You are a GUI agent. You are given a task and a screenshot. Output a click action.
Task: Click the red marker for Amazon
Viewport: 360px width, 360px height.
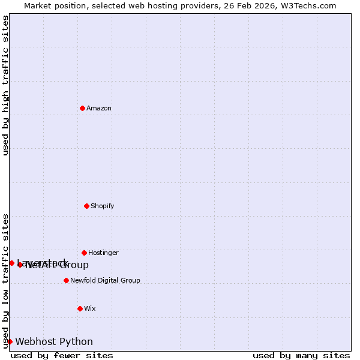click(x=82, y=108)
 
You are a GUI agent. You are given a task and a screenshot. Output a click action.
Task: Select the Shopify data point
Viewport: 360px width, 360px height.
click(x=86, y=206)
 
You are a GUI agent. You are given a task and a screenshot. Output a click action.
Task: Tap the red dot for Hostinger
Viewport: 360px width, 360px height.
click(x=84, y=253)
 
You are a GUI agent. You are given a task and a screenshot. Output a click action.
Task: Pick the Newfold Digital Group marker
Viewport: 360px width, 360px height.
click(x=66, y=280)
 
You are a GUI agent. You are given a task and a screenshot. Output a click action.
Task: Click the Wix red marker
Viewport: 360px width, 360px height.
click(x=80, y=308)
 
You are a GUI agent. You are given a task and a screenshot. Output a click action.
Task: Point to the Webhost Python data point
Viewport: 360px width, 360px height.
click(x=10, y=341)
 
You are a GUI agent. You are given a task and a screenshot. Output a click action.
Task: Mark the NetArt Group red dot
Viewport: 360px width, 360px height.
click(x=20, y=265)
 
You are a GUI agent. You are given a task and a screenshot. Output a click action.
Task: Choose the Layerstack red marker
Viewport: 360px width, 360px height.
click(x=11, y=263)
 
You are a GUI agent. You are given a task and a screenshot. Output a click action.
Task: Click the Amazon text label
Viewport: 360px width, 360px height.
click(x=99, y=108)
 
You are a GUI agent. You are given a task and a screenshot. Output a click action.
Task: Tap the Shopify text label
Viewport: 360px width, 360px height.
click(x=102, y=206)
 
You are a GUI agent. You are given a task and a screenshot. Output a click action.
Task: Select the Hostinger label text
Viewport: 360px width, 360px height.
click(x=103, y=253)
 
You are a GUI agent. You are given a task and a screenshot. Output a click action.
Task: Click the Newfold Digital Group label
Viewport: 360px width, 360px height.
click(x=105, y=280)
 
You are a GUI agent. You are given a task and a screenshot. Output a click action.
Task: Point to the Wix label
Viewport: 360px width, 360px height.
click(x=89, y=308)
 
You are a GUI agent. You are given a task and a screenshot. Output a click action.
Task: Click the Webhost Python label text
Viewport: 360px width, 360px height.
click(x=54, y=341)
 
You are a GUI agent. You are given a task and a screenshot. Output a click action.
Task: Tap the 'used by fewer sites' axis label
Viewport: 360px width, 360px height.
click(x=62, y=355)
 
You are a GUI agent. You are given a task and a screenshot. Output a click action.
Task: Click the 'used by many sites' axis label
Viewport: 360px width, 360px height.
click(x=301, y=355)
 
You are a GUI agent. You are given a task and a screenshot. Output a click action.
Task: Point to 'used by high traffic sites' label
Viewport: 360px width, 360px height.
click(x=5, y=85)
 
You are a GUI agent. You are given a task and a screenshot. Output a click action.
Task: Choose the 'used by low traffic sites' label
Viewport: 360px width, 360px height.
click(x=5, y=281)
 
